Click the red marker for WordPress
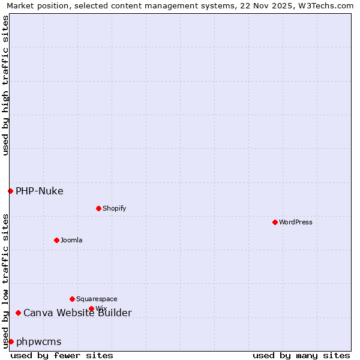275,222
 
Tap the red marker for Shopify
98,208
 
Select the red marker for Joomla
56,240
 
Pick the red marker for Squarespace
72,299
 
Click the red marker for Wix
91,308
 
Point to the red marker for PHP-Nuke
10,191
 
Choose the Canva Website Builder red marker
18,313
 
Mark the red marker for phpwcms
11,341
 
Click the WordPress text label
295,222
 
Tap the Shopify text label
114,208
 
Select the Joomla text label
71,240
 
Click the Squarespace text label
97,299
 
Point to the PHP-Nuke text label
39,191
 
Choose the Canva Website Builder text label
77,313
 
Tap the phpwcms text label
38,342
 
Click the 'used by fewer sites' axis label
62,355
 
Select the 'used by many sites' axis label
301,355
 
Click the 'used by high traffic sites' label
5,85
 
